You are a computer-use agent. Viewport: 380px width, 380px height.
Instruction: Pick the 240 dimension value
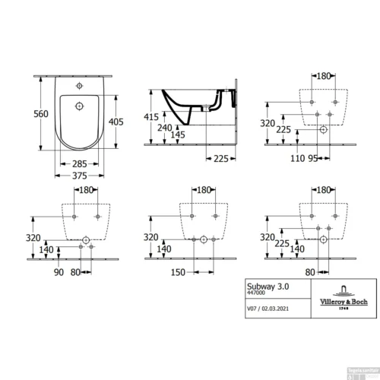click(165, 128)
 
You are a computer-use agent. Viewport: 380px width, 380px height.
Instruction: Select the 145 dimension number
click(177, 136)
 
